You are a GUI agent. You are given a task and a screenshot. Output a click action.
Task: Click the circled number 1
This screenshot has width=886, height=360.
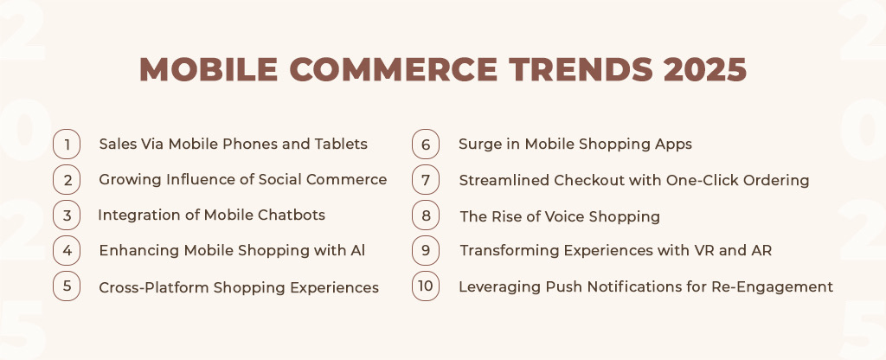click(x=67, y=145)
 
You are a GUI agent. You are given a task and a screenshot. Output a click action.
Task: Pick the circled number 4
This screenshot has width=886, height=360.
click(x=67, y=250)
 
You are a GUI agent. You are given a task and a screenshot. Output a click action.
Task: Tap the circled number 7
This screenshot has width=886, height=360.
click(x=426, y=180)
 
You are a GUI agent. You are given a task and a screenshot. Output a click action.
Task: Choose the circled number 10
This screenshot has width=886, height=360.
click(x=426, y=286)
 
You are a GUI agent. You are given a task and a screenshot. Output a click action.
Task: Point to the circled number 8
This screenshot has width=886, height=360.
click(x=426, y=215)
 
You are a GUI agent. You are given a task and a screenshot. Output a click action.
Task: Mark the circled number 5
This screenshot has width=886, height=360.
click(x=67, y=286)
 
